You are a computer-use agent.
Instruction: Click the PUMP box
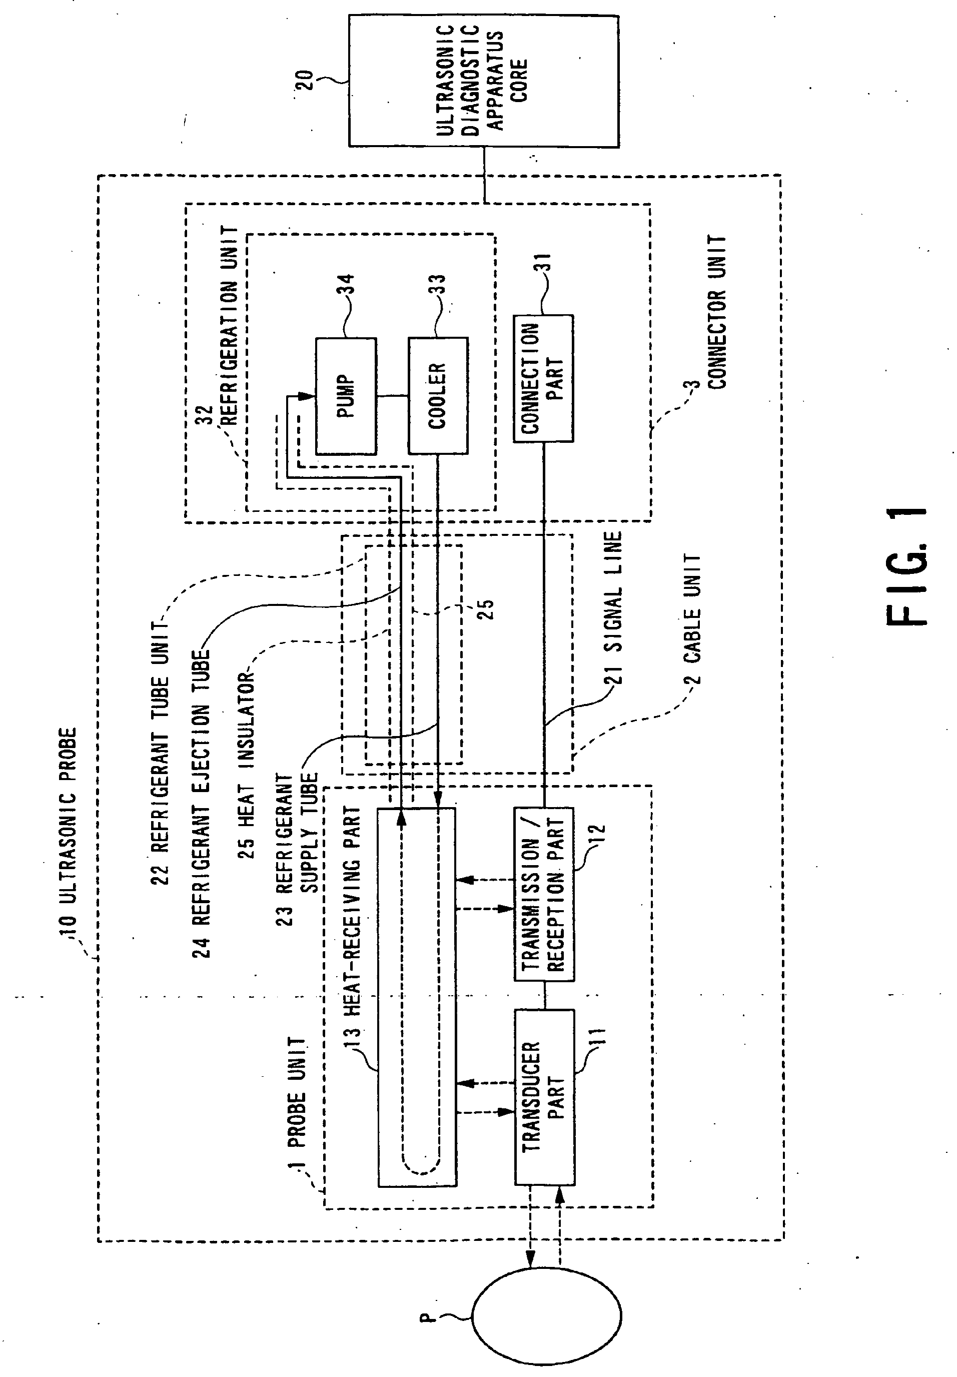(346, 396)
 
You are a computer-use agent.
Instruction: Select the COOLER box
(438, 396)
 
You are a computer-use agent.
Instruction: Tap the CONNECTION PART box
(543, 378)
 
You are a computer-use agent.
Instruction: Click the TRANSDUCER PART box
(544, 1097)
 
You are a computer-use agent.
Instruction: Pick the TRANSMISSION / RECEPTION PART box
(544, 894)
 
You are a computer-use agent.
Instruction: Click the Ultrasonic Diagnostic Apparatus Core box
(483, 81)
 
